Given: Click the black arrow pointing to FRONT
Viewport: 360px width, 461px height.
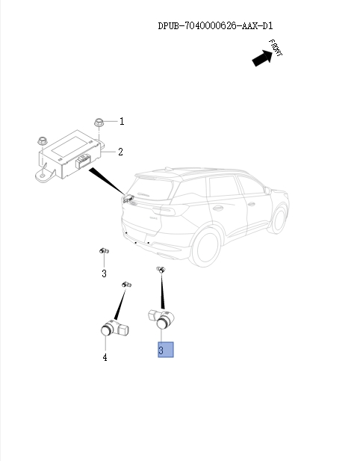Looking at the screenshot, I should click(x=262, y=58).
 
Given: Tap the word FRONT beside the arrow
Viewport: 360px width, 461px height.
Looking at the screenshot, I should click(x=276, y=49).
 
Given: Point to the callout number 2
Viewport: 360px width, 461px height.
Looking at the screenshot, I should click(x=120, y=152).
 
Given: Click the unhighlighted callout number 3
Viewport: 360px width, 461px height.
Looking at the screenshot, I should click(x=105, y=273).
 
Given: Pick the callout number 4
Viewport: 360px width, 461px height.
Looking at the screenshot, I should click(x=105, y=358).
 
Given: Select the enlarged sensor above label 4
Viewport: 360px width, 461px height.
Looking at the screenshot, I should click(x=113, y=329).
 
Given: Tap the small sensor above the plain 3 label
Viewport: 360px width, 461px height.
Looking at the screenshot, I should click(x=105, y=251).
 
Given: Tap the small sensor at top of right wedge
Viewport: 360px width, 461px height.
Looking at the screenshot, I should click(x=159, y=270).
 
